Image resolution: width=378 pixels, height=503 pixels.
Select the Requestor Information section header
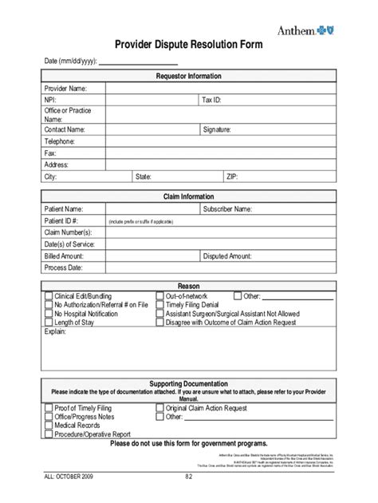[x=189, y=76]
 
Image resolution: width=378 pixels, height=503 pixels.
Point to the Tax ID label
[x=212, y=101]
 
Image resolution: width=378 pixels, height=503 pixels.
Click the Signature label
[x=217, y=129]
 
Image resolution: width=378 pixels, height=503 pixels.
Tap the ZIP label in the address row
[x=232, y=176]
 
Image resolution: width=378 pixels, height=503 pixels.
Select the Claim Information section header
[x=189, y=196]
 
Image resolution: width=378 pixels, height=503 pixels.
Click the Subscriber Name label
[x=227, y=208]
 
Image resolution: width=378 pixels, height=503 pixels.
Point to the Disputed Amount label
[x=228, y=256]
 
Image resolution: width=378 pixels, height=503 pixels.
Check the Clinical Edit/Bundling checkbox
[x=48, y=296]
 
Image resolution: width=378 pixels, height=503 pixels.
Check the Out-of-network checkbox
[x=160, y=296]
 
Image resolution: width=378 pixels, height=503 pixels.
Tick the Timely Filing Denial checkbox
[x=160, y=305]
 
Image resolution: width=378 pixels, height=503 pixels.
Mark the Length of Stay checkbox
[x=48, y=323]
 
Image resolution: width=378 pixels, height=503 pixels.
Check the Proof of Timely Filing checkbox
[x=48, y=407]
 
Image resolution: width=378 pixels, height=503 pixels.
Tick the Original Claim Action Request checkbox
[x=160, y=407]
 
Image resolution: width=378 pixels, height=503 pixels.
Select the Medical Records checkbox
[x=48, y=426]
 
